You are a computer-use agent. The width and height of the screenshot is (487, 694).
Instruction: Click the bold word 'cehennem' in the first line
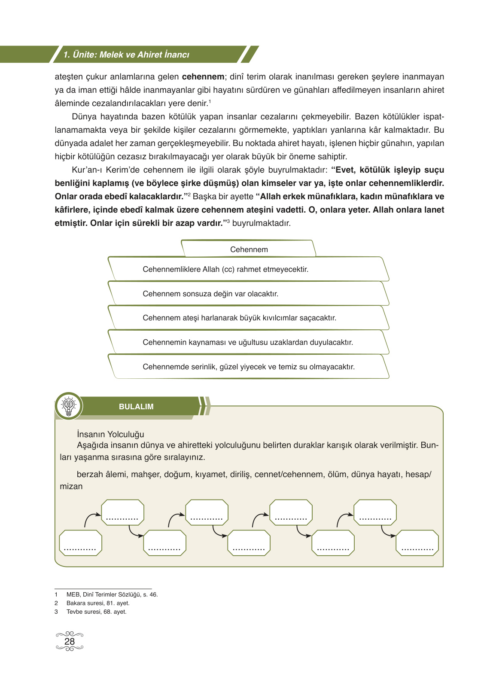pyautogui.click(x=203, y=77)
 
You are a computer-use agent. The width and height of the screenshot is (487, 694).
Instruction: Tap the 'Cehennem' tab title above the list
pyautogui.click(x=249, y=250)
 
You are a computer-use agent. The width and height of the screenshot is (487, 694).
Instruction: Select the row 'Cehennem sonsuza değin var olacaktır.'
pyautogui.click(x=210, y=294)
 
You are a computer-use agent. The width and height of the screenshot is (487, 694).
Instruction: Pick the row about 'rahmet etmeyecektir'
pyautogui.click(x=225, y=269)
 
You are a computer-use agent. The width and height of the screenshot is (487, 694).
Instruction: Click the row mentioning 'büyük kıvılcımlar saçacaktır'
pyautogui.click(x=239, y=318)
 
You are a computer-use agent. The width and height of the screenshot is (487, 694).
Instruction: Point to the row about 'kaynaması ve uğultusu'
pyautogui.click(x=248, y=342)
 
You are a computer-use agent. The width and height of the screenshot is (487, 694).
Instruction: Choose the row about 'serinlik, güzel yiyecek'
pyautogui.click(x=249, y=367)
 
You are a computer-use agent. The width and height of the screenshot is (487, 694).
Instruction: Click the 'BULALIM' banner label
pyautogui.click(x=136, y=407)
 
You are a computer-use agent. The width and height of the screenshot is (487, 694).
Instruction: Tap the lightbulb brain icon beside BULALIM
pyautogui.click(x=69, y=406)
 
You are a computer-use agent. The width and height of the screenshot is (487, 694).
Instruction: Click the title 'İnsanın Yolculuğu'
pyautogui.click(x=110, y=434)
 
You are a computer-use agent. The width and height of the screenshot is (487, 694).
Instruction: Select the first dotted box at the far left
pyautogui.click(x=80, y=543)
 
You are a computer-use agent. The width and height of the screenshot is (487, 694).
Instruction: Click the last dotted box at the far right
pyautogui.click(x=417, y=543)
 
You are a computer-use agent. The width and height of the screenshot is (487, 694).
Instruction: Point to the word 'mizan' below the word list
pyautogui.click(x=71, y=486)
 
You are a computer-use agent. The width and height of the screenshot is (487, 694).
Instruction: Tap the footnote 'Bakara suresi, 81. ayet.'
pyautogui.click(x=98, y=603)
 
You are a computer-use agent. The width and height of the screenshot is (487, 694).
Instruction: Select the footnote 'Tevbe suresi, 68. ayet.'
pyautogui.click(x=96, y=612)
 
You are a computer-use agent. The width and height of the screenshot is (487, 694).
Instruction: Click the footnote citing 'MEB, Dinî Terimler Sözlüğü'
pyautogui.click(x=112, y=594)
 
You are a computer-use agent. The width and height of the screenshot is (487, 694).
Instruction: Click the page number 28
pyautogui.click(x=70, y=641)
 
